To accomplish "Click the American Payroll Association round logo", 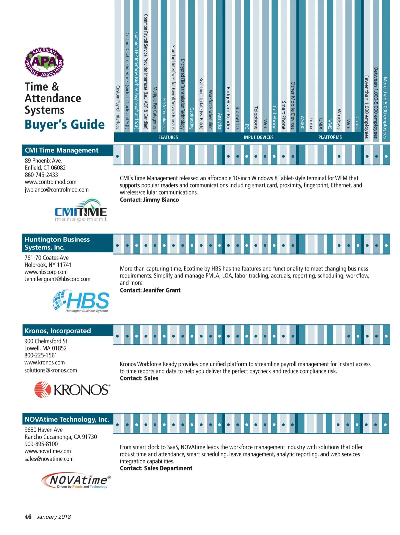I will point(44,62).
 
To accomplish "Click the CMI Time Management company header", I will point(62,150).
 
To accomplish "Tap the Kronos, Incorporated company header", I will point(58,330).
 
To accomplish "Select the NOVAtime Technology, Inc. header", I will point(67,419).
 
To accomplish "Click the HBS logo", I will point(81,301).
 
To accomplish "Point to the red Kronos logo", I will point(72,389).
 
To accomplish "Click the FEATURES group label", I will point(168,137).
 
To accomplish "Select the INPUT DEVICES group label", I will point(259,137).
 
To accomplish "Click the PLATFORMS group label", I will point(330,137).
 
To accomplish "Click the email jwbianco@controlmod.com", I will point(57,190).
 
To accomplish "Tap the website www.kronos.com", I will point(45,362).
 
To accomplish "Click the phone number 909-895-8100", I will point(41,444).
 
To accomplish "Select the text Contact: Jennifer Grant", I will point(150,290).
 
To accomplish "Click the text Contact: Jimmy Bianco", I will point(149,200).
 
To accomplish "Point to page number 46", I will point(28,517).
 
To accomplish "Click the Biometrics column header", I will point(237,118).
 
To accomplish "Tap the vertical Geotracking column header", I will point(192,118).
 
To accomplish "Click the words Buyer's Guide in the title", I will point(65,125).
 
